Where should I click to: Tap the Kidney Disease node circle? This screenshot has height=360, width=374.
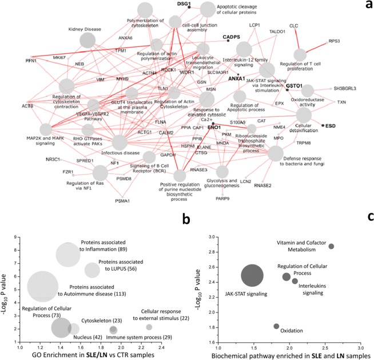pos(87,39)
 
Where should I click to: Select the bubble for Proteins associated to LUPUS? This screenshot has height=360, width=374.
pos(92,270)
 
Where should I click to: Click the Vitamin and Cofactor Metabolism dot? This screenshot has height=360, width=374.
pos(331,246)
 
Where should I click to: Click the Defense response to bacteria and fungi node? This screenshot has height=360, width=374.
pos(276,153)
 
